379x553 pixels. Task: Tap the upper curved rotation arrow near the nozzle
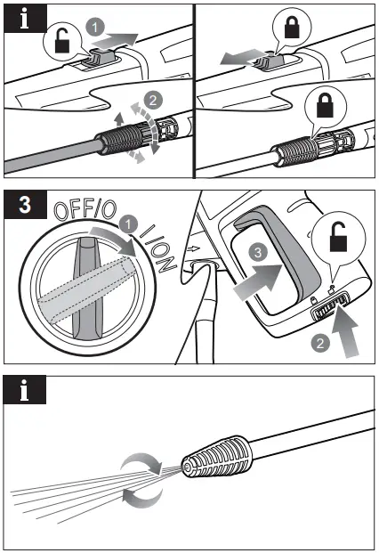coord(140,465)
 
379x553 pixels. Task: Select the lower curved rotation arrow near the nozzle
coord(143,496)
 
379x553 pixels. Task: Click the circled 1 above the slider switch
coord(94,28)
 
